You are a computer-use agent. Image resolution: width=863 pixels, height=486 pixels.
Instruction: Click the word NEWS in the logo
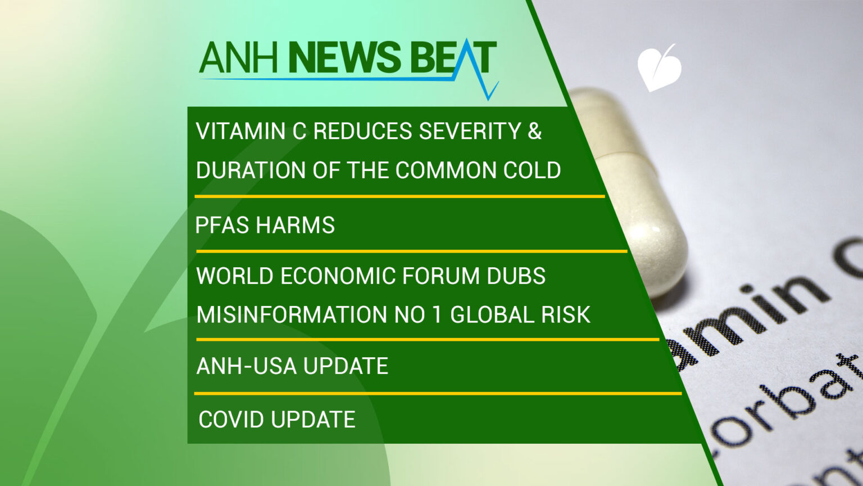point(344,58)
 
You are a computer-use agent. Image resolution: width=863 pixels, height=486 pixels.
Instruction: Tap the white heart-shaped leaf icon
point(658,68)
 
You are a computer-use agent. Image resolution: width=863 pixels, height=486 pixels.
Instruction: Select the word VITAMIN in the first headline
point(240,131)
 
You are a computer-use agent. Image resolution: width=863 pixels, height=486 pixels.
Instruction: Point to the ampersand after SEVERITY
point(535,131)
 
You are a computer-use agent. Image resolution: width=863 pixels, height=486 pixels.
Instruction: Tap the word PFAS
point(222,225)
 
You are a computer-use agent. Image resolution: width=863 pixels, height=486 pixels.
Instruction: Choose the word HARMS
point(295,225)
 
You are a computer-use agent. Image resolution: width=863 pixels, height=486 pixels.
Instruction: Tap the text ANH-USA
point(239,366)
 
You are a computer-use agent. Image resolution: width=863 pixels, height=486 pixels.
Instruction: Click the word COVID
point(231,420)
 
